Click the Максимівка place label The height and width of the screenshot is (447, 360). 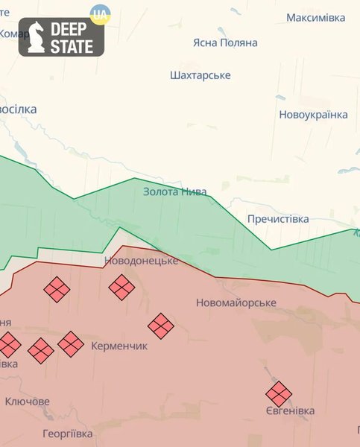[315, 16]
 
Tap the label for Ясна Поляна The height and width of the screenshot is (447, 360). [224, 42]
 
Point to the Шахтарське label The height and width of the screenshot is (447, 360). [200, 75]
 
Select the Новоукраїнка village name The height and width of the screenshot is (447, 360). [313, 115]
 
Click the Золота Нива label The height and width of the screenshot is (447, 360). [174, 191]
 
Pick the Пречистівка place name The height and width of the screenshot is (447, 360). [278, 219]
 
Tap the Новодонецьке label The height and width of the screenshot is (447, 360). [141, 261]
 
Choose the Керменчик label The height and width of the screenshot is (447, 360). [119, 346]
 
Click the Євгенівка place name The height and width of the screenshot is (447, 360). [289, 410]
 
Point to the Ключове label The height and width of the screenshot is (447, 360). [28, 402]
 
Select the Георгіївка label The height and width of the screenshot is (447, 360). [67, 434]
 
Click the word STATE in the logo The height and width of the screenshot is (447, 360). [72, 46]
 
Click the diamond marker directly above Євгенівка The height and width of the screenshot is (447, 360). [279, 393]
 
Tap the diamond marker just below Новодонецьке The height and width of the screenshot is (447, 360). [121, 287]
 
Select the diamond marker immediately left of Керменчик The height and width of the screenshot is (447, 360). [71, 344]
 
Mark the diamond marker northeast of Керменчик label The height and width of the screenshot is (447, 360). [160, 325]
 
